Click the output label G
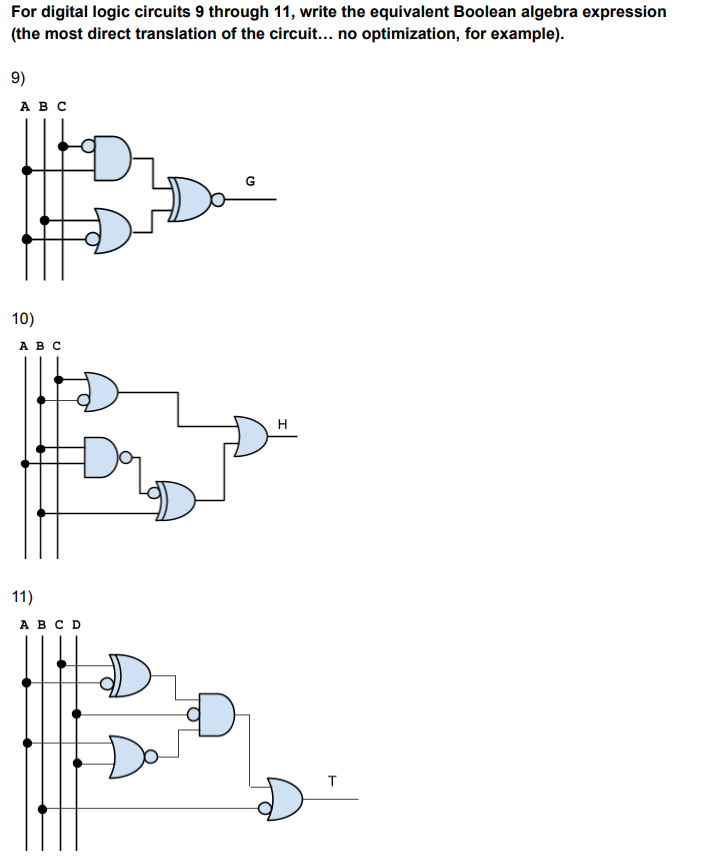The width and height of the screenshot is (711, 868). point(250,181)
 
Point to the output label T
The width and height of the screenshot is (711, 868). point(332,778)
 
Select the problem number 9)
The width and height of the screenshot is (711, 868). point(18,78)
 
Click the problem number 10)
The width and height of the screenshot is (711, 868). point(22,320)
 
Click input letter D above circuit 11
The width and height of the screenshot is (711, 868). point(76,625)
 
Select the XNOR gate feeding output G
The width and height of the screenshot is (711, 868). point(189,199)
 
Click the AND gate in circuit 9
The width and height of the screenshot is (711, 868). point(112,158)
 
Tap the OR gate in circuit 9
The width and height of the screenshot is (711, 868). point(112,231)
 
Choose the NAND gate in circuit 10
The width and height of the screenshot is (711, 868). point(103,455)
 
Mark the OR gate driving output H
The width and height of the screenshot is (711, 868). point(250,437)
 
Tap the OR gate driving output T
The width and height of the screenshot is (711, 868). point(285,799)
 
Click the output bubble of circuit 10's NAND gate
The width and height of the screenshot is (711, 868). point(126,460)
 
